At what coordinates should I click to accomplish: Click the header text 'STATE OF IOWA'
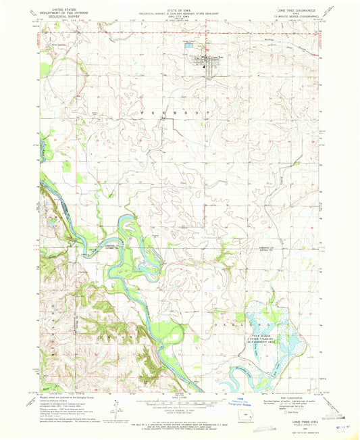tap(180, 9)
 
